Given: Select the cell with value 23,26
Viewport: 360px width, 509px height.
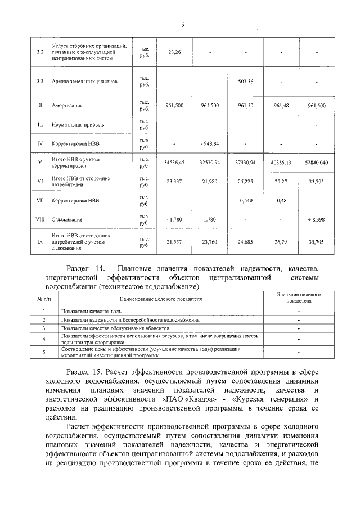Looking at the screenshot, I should pos(174,52).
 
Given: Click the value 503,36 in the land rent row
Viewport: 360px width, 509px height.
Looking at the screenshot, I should pos(246,82).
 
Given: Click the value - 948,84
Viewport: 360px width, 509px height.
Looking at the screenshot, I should pos(209,143).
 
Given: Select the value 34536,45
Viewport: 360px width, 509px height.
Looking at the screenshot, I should pos(174,163).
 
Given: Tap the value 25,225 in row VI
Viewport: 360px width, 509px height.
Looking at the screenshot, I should pos(246,182).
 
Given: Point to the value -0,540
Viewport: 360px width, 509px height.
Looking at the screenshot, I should pos(246,200).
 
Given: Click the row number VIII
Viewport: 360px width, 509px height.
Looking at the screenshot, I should pos(40,219).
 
